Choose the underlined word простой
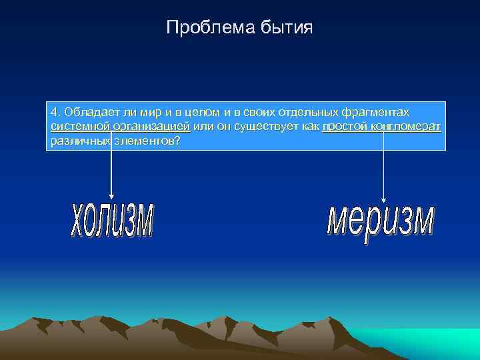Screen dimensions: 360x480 coord(343,126)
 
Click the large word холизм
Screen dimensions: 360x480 coord(112,219)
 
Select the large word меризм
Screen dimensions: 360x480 coord(381,224)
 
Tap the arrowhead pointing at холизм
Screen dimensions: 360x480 coord(111,195)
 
